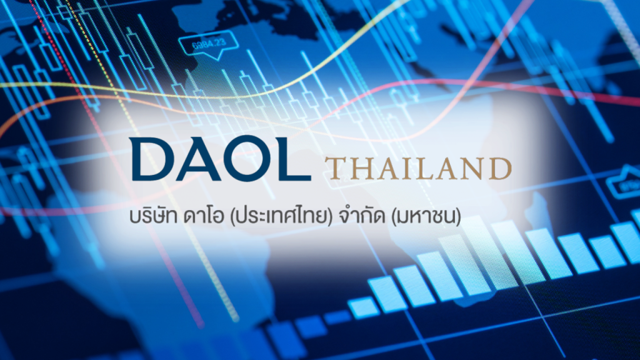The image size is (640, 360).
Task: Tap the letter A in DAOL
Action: pyautogui.click(x=196, y=159)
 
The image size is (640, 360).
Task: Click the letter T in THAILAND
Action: pyautogui.click(x=336, y=168)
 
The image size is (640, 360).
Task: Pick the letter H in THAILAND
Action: pyautogui.click(x=362, y=168)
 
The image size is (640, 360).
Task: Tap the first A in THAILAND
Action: pyautogui.click(x=387, y=168)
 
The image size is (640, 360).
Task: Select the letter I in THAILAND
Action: pyautogui.click(x=406, y=168)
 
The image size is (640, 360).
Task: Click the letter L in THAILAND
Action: pyautogui.click(x=424, y=168)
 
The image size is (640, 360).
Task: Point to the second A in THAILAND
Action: pyautogui.click(x=446, y=168)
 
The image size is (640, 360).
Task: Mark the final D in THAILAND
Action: pyautogui.click(x=499, y=168)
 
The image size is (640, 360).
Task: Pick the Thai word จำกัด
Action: pyautogui.click(x=362, y=216)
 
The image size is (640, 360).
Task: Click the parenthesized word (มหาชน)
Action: pyautogui.click(x=426, y=217)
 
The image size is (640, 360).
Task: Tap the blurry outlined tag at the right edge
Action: pyautogui.click(x=624, y=184)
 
